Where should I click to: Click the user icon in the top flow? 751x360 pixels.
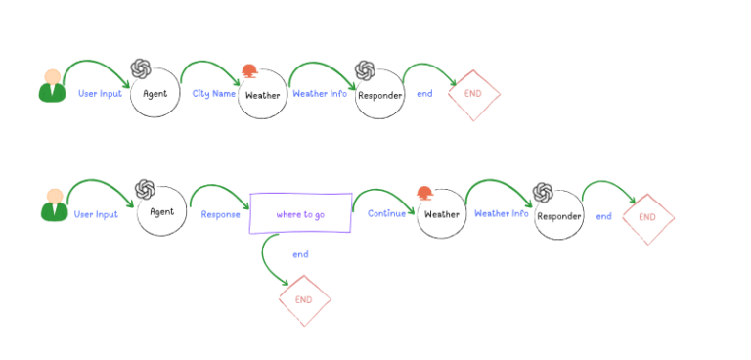[52, 86]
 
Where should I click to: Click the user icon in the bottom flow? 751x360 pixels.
[55, 204]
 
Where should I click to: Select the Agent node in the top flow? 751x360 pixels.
[155, 94]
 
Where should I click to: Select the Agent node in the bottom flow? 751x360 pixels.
[161, 212]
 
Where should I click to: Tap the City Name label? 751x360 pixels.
[214, 94]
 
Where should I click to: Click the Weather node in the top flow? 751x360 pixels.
[262, 96]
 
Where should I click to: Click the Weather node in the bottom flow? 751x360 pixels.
[441, 214]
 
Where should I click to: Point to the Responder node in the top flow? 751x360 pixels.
[379, 96]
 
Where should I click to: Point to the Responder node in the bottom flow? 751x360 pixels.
[559, 216]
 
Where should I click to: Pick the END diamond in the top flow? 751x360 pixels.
[474, 94]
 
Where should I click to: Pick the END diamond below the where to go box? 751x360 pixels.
[304, 299]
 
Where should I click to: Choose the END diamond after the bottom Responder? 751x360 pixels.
[647, 216]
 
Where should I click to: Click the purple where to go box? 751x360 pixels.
[300, 213]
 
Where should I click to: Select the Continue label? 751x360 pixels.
[387, 213]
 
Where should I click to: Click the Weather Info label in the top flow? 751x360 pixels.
[320, 94]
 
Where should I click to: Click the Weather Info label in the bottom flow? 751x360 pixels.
[502, 213]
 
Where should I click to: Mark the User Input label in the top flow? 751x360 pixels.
[100, 94]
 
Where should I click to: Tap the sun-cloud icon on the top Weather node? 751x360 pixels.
[250, 70]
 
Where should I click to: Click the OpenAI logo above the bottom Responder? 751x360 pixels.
[543, 192]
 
